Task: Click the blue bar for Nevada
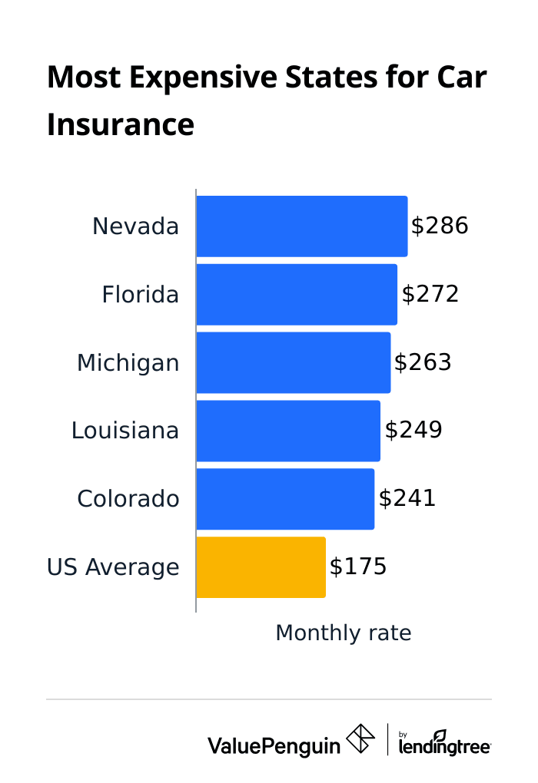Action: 301,226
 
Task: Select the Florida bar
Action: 297,295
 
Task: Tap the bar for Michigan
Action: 293,362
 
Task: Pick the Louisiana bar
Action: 288,431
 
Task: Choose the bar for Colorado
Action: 285,499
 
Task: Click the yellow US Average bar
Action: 261,567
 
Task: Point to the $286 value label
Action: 440,226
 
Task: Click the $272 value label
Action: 430,294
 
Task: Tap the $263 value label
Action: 423,362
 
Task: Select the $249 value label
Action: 413,430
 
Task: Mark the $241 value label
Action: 407,498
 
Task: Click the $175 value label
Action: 358,567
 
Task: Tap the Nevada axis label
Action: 135,226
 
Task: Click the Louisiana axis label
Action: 125,431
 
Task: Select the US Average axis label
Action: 113,567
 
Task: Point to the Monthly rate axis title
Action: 344,633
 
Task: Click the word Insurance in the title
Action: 121,124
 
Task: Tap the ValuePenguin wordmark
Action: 274,745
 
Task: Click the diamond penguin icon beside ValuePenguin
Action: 360,738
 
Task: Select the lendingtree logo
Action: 445,742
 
